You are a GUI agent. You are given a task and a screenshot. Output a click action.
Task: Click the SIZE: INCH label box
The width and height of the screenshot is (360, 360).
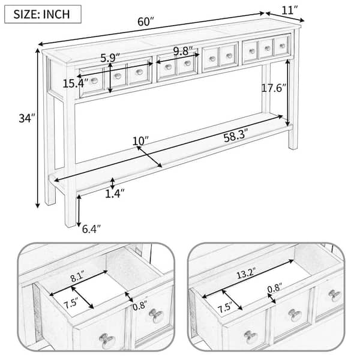point(43,14)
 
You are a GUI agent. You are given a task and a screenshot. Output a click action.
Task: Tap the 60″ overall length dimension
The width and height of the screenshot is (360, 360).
point(145,22)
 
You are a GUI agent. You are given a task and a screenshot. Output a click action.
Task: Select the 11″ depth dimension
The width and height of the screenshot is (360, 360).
point(290,11)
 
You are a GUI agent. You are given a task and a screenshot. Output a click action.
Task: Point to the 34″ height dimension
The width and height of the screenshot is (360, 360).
point(27,118)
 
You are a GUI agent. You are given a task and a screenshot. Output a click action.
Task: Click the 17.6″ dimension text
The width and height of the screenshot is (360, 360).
point(274,88)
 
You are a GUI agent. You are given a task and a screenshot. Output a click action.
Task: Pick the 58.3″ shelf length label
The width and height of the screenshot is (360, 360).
point(236,137)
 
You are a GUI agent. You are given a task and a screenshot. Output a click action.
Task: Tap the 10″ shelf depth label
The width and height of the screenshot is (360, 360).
point(140,141)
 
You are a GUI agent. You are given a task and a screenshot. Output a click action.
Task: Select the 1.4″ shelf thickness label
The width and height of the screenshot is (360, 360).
point(115,194)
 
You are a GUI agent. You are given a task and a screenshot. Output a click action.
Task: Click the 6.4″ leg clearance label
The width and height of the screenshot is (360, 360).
point(91,229)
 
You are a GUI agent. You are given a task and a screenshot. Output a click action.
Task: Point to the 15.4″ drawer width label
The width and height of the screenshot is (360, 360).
point(76,83)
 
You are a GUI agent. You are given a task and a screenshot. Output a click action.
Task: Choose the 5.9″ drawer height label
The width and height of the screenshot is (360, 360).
point(110,58)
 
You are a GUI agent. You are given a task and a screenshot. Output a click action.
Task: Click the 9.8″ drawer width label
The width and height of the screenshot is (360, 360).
point(183,51)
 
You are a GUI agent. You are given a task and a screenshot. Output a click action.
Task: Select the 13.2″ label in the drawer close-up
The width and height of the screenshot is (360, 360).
point(245,273)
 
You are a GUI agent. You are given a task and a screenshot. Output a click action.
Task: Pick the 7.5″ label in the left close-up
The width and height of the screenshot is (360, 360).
point(71,304)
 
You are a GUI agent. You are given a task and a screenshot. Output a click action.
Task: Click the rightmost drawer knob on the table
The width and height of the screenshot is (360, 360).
point(283,46)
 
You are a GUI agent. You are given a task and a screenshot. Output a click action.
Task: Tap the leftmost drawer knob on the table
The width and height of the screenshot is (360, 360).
point(94,80)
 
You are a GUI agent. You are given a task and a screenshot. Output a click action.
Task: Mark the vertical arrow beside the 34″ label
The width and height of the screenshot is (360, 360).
point(38,128)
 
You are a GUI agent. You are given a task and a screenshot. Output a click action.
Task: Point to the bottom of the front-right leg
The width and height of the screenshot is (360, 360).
point(293,148)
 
